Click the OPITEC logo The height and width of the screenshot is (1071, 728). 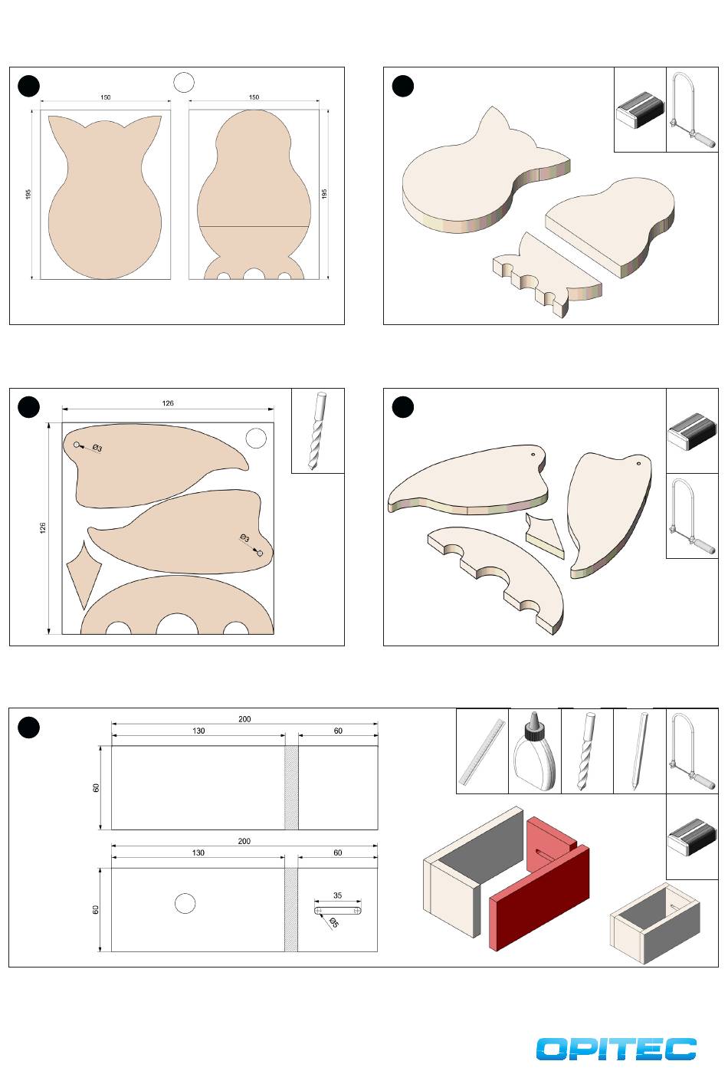(616, 1049)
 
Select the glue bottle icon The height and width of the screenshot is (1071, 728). (535, 751)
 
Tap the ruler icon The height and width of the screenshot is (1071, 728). (483, 752)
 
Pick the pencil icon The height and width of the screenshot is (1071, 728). (639, 751)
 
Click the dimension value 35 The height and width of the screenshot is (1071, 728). (337, 895)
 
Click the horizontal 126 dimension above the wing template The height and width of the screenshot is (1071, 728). (168, 403)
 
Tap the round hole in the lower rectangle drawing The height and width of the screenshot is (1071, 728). (185, 904)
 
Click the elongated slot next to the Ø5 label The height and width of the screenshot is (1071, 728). (338, 910)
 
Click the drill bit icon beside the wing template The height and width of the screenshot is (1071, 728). (317, 431)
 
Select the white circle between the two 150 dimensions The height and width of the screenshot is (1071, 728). (184, 82)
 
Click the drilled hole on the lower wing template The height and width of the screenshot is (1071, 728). (260, 553)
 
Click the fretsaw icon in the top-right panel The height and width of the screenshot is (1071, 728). (692, 109)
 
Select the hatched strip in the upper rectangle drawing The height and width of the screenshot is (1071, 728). (291, 787)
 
